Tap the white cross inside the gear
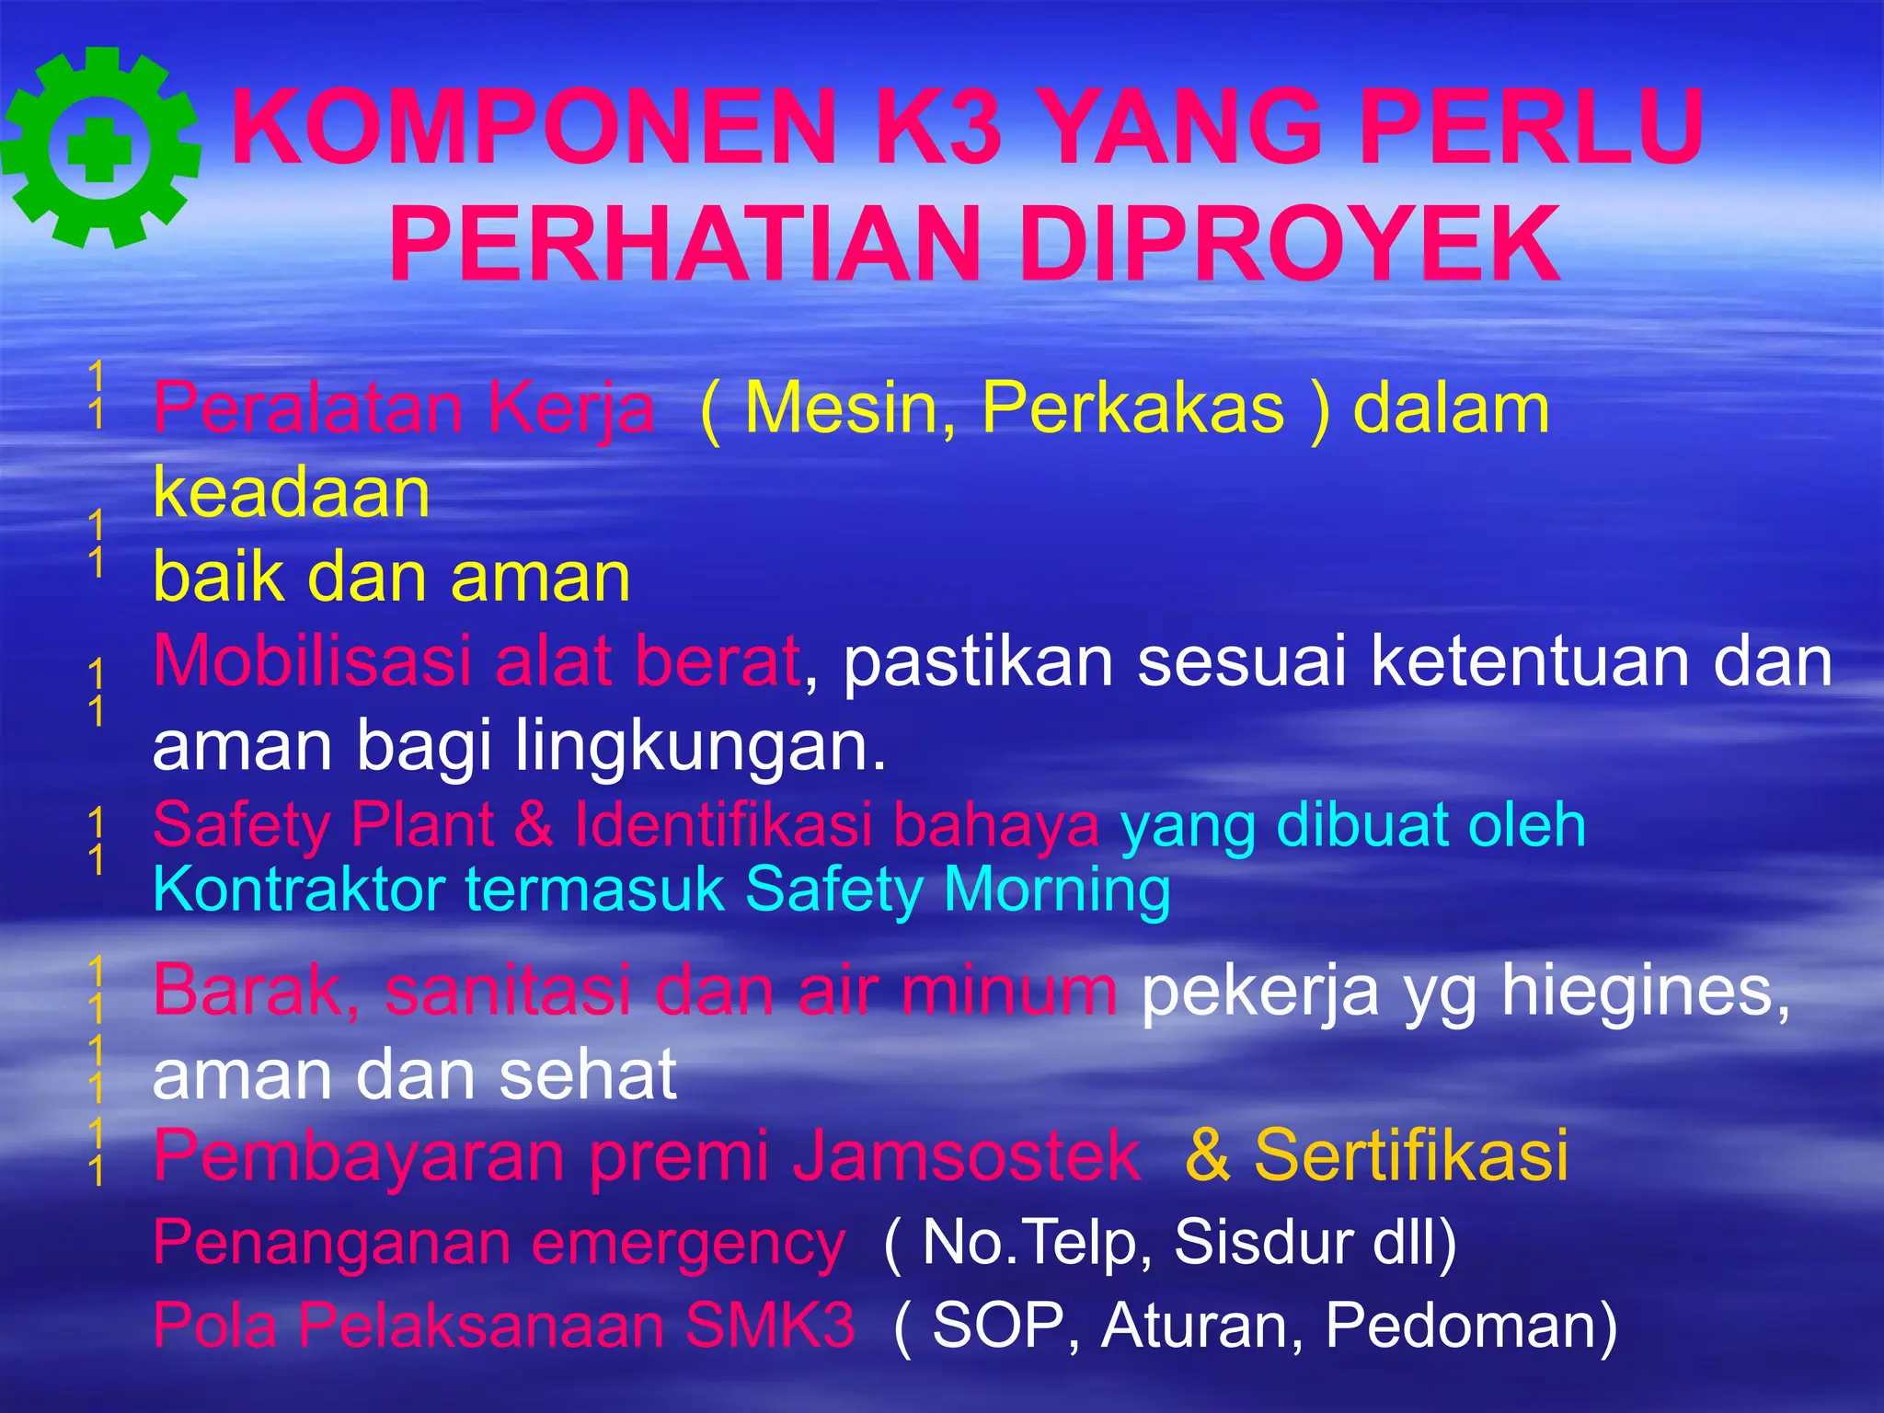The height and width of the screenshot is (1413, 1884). tap(99, 149)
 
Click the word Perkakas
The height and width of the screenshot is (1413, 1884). tap(1132, 408)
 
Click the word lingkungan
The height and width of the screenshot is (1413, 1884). tap(700, 745)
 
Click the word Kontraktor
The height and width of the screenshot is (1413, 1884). tap(299, 890)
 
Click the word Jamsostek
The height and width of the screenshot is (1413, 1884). tap(966, 1155)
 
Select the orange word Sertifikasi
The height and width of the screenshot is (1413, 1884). tap(1411, 1155)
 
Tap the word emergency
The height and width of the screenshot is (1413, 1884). tap(687, 1243)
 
